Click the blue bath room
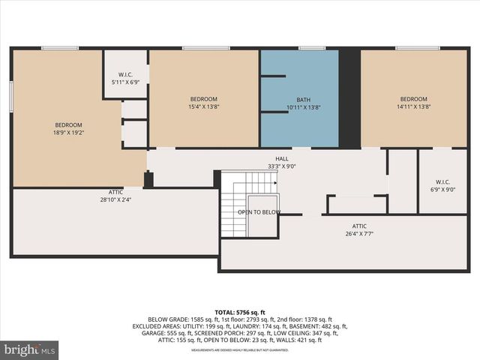(x=300, y=97)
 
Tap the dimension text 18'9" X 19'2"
(x=68, y=133)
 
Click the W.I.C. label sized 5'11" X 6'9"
(x=125, y=82)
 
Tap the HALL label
(x=282, y=159)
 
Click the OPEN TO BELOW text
(x=259, y=212)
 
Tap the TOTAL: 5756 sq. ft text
(x=240, y=312)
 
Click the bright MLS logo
(x=30, y=349)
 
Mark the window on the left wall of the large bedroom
(x=11, y=97)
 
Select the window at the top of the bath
(x=310, y=49)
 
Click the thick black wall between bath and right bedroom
(x=349, y=97)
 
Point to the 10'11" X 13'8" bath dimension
(x=303, y=107)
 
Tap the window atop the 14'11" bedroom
(x=418, y=49)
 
